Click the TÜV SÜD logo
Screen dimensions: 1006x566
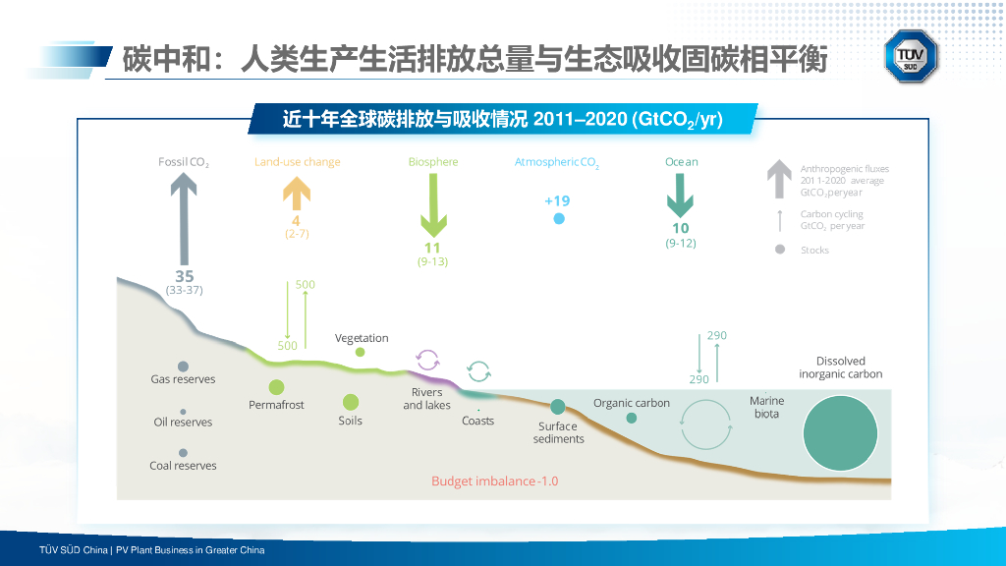(912, 56)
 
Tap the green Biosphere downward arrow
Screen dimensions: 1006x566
(432, 206)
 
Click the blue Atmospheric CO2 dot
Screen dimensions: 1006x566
(559, 219)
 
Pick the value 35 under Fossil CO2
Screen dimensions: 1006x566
(185, 276)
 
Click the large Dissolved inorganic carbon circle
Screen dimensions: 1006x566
(840, 434)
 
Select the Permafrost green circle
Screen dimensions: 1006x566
(276, 387)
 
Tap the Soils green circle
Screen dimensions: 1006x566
(351, 402)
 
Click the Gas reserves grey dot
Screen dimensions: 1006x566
(183, 367)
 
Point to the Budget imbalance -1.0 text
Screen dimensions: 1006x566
(494, 481)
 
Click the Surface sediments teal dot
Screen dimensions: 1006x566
(558, 407)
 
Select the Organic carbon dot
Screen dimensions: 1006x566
(632, 418)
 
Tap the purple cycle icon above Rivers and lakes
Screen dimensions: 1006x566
(427, 359)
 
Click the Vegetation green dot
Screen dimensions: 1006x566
(360, 352)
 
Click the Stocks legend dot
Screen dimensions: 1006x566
(780, 250)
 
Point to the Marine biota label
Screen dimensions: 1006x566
(766, 407)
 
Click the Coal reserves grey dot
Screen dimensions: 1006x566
(183, 453)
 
